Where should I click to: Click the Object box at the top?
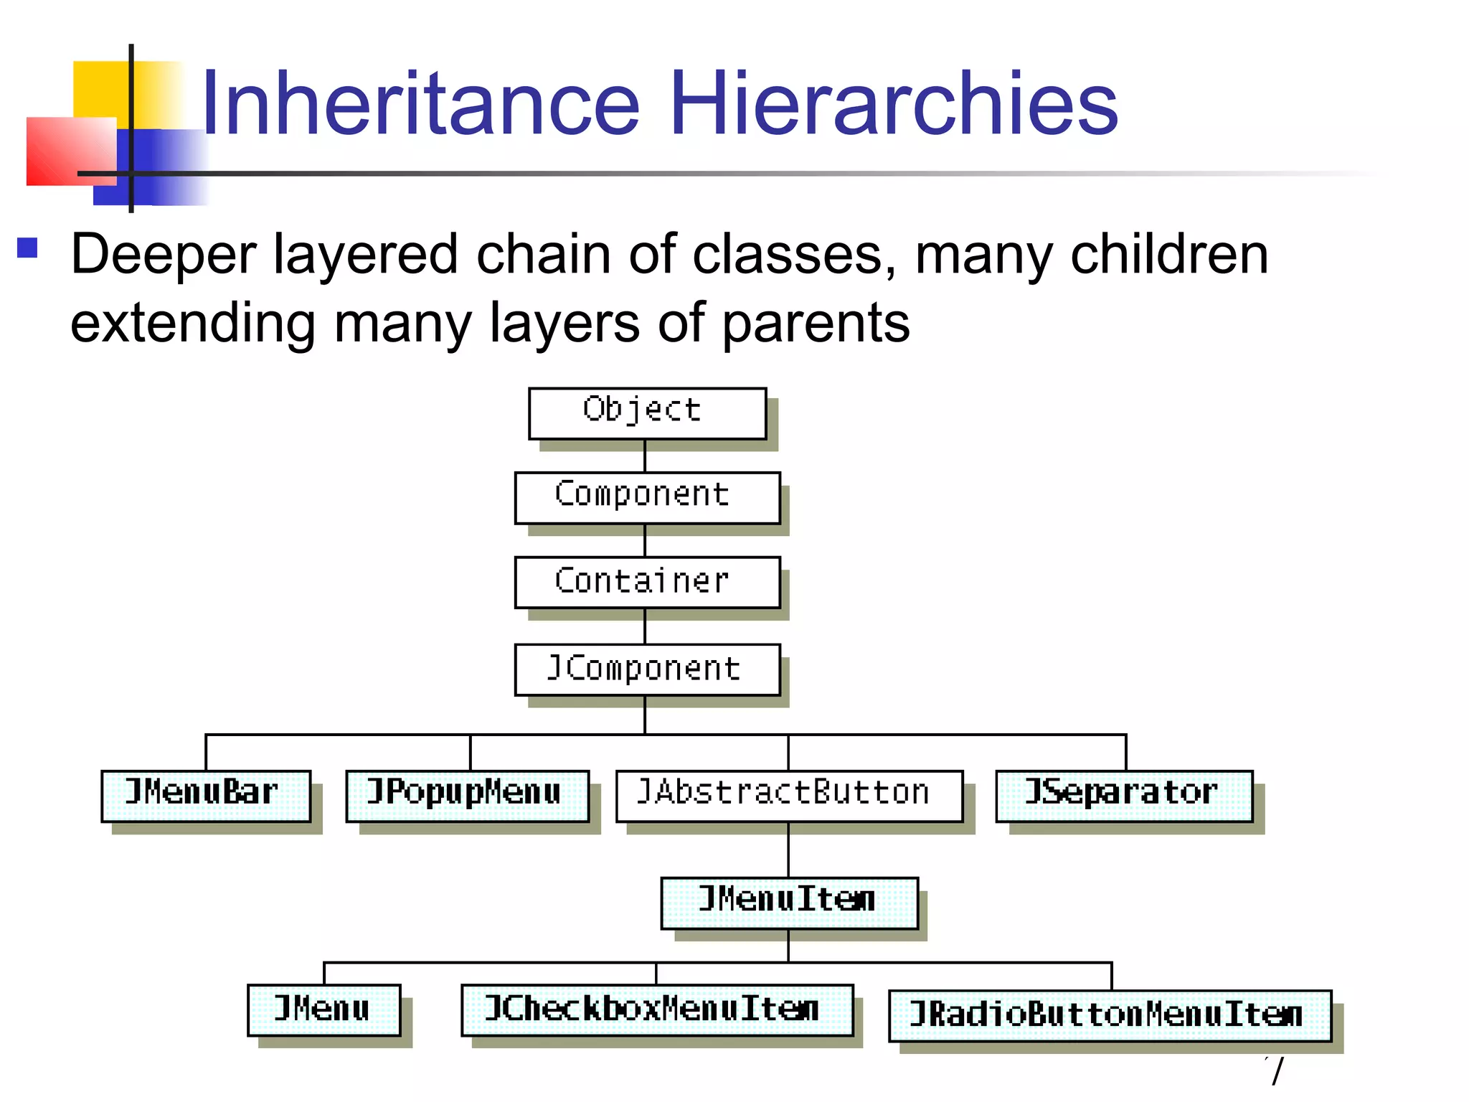[x=647, y=413]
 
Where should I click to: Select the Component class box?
[x=647, y=497]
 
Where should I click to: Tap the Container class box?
[x=647, y=582]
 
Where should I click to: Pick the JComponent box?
[x=647, y=669]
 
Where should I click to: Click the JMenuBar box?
[x=206, y=796]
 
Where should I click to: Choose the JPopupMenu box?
[x=467, y=796]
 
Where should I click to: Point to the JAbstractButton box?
[x=789, y=796]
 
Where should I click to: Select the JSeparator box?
[x=1124, y=796]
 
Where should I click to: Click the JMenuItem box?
[x=789, y=903]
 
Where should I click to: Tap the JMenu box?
[x=323, y=1009]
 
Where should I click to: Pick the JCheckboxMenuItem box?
[x=656, y=1009]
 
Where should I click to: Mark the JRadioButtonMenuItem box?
[x=1110, y=1015]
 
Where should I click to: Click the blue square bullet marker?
[x=27, y=248]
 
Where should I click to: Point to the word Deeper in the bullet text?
[x=164, y=255]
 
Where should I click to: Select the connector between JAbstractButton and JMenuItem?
[x=788, y=849]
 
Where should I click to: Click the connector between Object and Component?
[x=645, y=456]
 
